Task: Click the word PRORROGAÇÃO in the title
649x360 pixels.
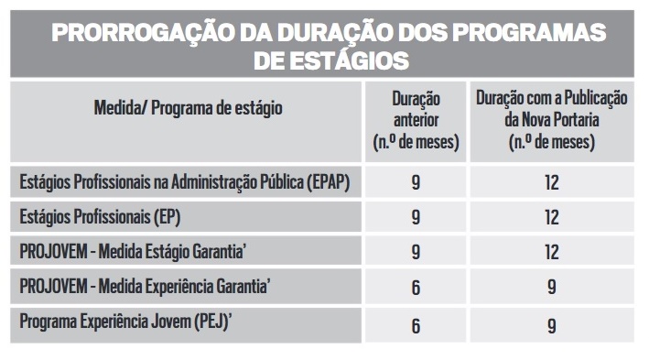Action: coord(144,32)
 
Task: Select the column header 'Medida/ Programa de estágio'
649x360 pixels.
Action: coord(189,108)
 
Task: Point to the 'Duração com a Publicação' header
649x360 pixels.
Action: coord(552,98)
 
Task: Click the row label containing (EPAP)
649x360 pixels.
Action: coord(185,182)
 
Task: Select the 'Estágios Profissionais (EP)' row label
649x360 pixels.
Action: coord(100,217)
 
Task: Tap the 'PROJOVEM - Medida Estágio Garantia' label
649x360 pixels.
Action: coord(133,252)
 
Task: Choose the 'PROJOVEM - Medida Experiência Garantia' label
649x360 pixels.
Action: coord(145,287)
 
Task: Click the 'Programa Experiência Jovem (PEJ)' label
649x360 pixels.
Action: coord(125,322)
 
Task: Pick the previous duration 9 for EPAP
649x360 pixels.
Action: coord(416,182)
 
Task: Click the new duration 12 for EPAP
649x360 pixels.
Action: coord(552,182)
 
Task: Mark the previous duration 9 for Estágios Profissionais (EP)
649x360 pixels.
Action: coord(416,217)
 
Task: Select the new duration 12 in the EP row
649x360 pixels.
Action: coord(552,217)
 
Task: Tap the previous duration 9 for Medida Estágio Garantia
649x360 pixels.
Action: coord(416,252)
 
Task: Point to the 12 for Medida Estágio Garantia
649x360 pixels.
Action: coord(552,252)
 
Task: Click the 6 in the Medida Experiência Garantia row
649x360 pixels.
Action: coord(416,287)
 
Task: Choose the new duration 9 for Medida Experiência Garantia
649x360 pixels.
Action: coord(552,287)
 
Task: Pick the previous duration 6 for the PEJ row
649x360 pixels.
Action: coord(416,326)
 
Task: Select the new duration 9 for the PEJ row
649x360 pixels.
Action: coord(552,326)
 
